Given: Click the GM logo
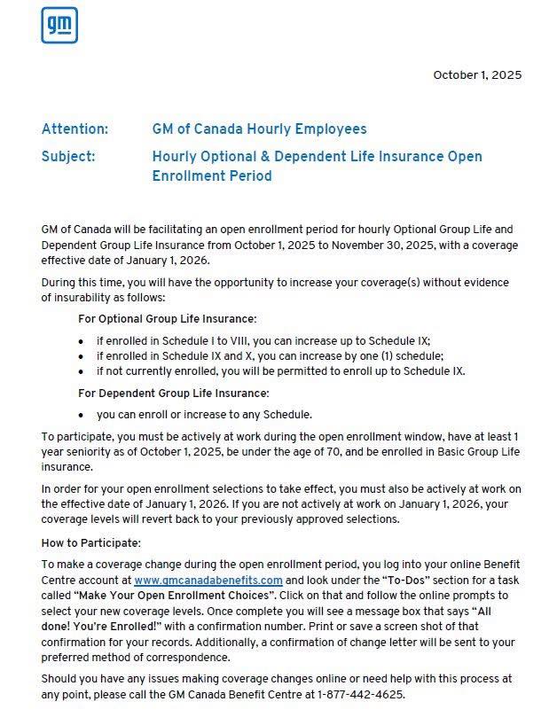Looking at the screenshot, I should pos(59,25).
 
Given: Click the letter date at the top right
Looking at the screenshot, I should pos(477,74).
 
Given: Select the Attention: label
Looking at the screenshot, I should pos(75,129).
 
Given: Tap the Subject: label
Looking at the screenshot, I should pos(67,157).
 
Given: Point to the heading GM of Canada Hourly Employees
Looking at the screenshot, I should pos(259,129).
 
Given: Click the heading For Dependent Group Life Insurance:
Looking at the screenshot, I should pos(173,393).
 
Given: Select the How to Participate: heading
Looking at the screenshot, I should pos(91,542).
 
